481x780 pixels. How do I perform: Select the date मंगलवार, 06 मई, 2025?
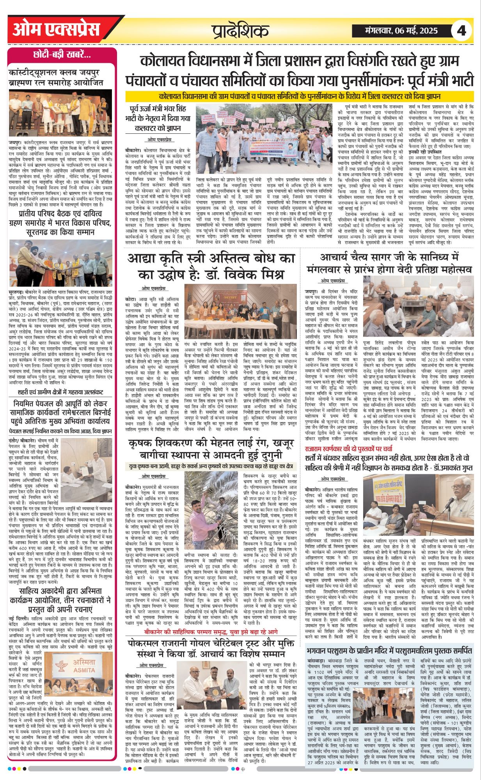pos(401,30)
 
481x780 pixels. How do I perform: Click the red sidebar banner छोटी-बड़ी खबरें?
pos(62,55)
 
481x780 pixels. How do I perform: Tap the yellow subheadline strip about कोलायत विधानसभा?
pos(299,96)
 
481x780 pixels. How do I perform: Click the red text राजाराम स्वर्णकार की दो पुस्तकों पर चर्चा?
pos(349,448)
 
